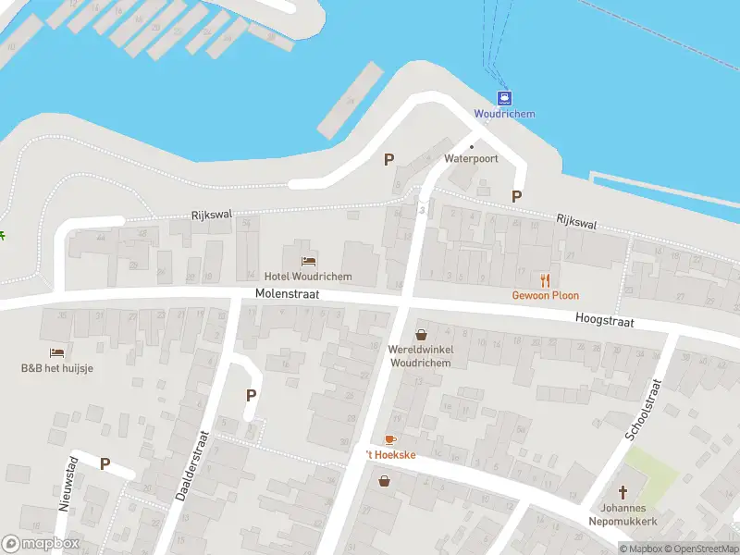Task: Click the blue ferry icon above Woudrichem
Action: pos(504,98)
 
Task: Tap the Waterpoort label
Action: pos(471,159)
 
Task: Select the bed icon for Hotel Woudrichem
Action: pos(308,259)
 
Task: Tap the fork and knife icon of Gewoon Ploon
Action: pos(546,279)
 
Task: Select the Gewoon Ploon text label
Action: pos(546,296)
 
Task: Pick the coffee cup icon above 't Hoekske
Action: pos(389,439)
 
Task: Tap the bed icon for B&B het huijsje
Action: pos(57,352)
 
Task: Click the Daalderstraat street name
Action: pos(193,463)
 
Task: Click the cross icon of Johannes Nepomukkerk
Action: pos(623,492)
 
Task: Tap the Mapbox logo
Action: pos(41,544)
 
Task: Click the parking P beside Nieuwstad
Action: pos(105,464)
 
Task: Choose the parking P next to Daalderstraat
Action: pos(251,395)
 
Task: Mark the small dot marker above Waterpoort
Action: pos(471,146)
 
